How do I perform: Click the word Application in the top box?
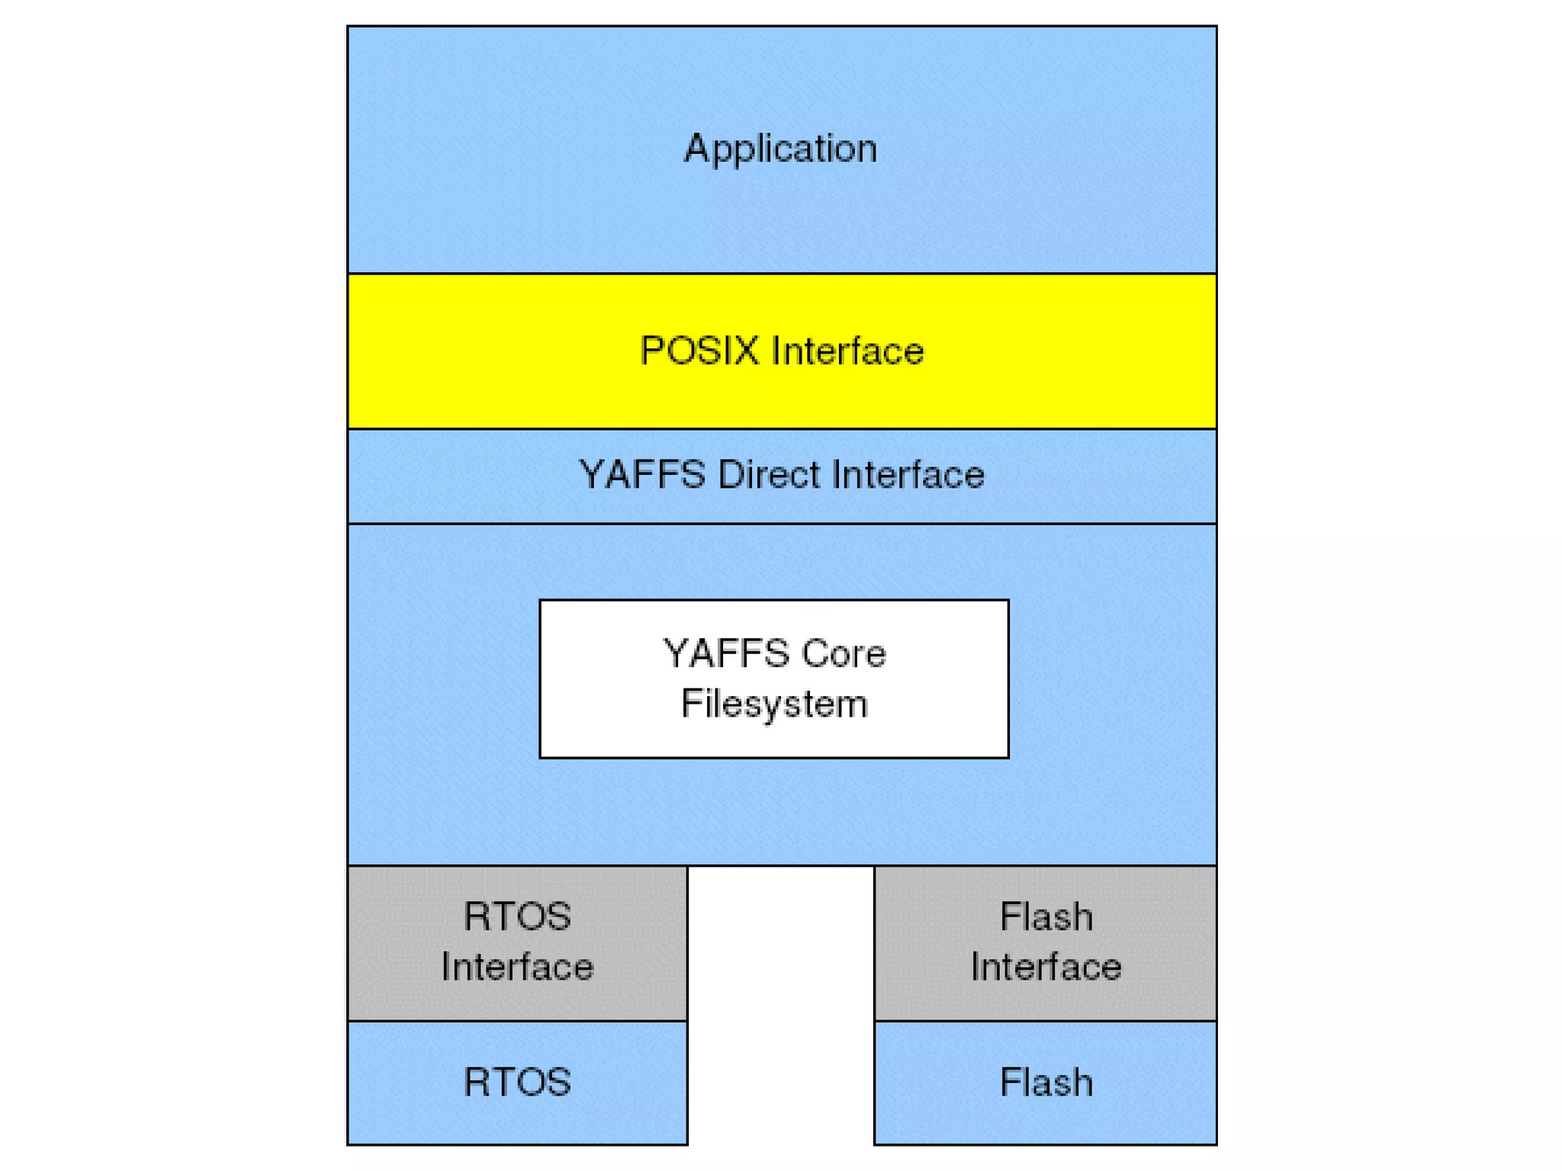tap(780, 149)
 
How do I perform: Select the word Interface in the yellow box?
tap(847, 351)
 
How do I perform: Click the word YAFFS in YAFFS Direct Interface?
tap(642, 475)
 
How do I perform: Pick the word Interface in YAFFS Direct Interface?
tap(908, 475)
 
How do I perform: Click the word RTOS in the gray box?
tap(517, 916)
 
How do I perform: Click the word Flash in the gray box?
tap(1046, 916)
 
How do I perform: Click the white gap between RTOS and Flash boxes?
tap(780, 1006)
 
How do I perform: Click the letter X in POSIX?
tap(747, 351)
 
